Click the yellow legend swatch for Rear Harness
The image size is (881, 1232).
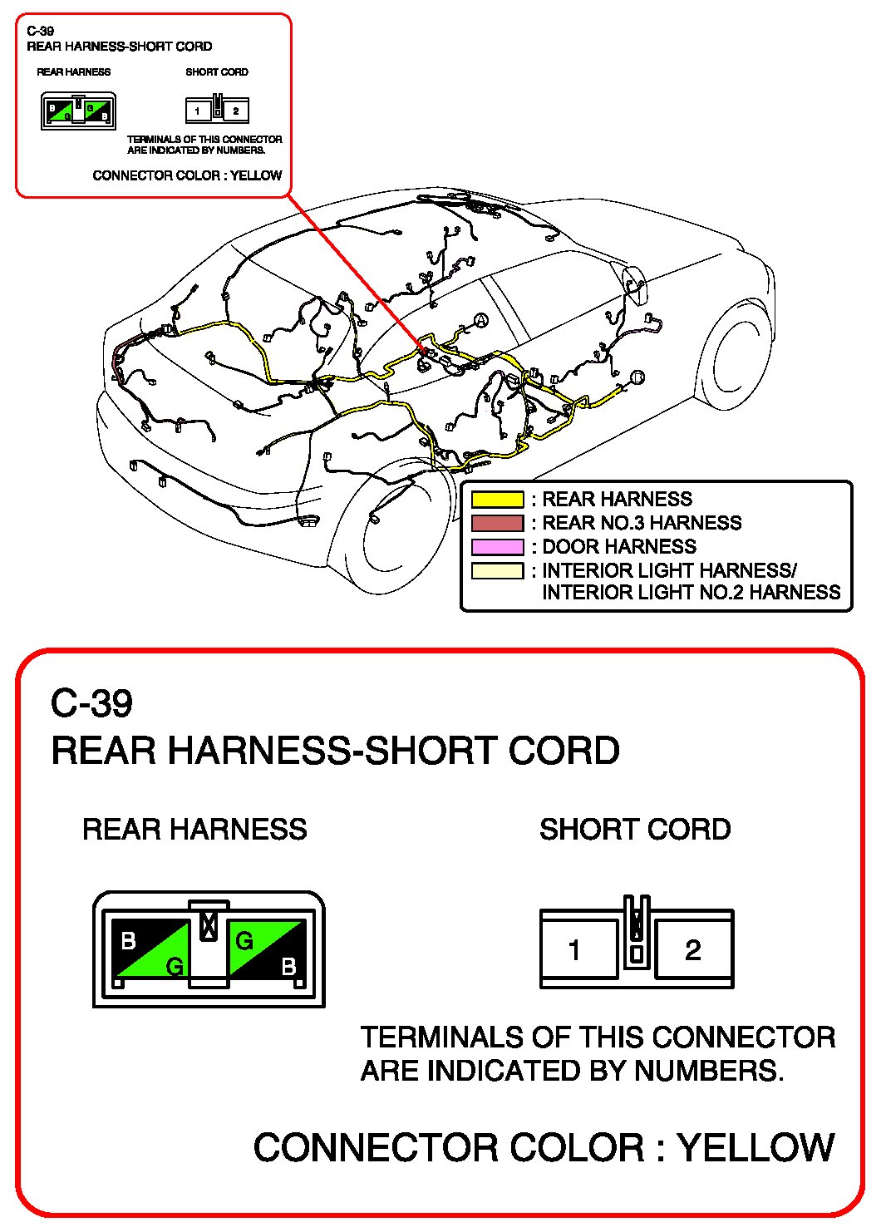pos(497,500)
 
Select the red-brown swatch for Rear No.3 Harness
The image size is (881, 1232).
pos(497,523)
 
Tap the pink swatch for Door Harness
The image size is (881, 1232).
pos(497,547)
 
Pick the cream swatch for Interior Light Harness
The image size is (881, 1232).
pos(497,571)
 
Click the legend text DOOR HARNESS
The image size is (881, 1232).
pos(619,547)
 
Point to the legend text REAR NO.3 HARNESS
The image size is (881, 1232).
pos(642,523)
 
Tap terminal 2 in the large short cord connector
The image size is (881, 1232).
pos(693,949)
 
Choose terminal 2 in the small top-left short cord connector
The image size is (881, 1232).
pos(236,111)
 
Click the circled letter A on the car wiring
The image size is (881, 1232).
pos(480,320)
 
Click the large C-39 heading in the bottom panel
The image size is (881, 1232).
pos(91,704)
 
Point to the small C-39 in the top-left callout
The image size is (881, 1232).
pos(40,32)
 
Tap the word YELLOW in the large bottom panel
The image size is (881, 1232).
pos(755,1148)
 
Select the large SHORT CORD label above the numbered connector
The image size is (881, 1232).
pos(635,830)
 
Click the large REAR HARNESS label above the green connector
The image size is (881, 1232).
pos(194,830)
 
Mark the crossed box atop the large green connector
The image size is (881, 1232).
pos(209,925)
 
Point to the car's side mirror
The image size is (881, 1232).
pos(633,282)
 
